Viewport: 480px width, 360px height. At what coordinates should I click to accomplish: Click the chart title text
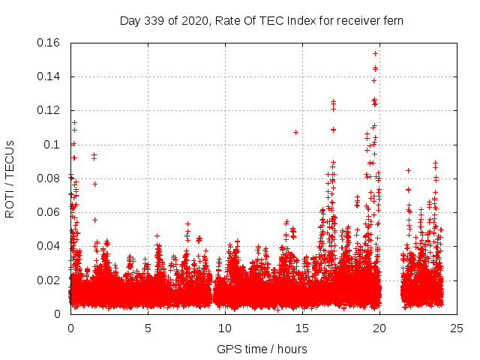(262, 21)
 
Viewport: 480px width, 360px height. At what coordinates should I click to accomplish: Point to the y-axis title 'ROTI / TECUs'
(10, 178)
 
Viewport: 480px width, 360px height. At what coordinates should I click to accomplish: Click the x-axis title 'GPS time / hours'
(262, 349)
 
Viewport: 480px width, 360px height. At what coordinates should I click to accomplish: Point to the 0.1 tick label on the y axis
(53, 144)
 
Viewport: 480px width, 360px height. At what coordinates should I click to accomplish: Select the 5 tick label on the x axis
(147, 328)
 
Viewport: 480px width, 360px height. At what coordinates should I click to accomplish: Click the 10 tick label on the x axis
(224, 328)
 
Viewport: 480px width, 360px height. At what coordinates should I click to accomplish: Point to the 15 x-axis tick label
(301, 328)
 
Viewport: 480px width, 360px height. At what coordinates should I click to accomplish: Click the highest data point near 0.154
(375, 53)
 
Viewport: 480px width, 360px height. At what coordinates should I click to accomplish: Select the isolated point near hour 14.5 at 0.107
(295, 132)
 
